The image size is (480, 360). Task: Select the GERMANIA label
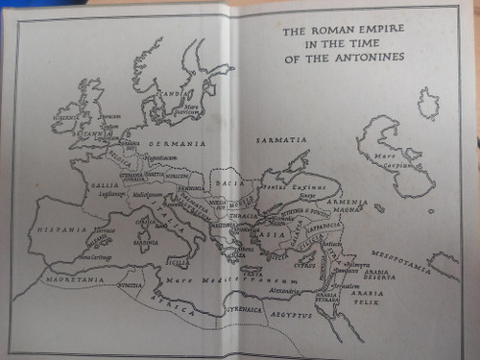coord(176,143)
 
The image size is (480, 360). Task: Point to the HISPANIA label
coord(61,230)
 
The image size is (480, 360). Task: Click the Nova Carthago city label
coord(94,256)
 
